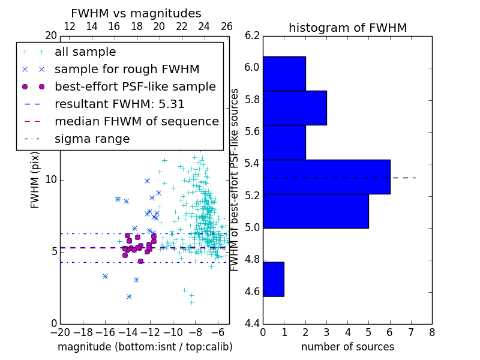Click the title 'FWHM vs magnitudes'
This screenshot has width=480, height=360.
pyautogui.click(x=136, y=13)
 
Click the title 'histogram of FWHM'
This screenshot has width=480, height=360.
pyautogui.click(x=348, y=28)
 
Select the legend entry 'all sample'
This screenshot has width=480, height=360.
pyautogui.click(x=85, y=52)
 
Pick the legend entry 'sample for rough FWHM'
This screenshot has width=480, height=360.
pyautogui.click(x=127, y=70)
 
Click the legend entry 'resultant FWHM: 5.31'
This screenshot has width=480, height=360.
pyautogui.click(x=119, y=104)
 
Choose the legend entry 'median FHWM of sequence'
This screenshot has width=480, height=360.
pyautogui.click(x=137, y=122)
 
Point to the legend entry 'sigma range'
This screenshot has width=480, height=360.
pyautogui.click(x=92, y=139)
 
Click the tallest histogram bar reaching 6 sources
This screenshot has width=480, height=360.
pyautogui.click(x=326, y=177)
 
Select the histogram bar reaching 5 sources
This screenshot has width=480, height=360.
pyautogui.click(x=316, y=211)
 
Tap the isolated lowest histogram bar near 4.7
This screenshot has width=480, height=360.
pyautogui.click(x=274, y=279)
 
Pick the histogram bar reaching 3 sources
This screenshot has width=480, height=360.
pyautogui.click(x=295, y=108)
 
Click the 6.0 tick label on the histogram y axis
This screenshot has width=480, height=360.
pyautogui.click(x=252, y=67)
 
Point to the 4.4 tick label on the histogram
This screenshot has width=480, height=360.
pyautogui.click(x=252, y=323)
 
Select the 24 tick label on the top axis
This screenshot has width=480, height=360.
pyautogui.click(x=204, y=26)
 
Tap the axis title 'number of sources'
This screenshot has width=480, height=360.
pyautogui.click(x=348, y=347)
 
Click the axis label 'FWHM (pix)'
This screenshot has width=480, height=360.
pyautogui.click(x=35, y=180)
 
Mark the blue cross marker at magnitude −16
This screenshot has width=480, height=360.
pyautogui.click(x=106, y=277)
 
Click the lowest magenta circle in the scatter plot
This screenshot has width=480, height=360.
pyautogui.click(x=140, y=262)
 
